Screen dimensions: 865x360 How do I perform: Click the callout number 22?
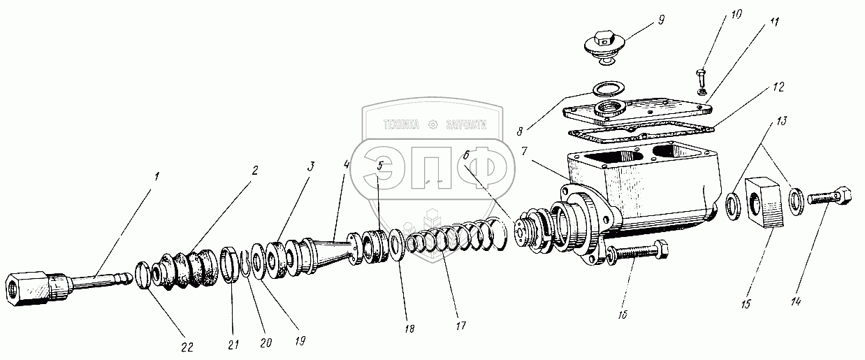[187, 346]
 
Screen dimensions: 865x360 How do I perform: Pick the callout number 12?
[779, 87]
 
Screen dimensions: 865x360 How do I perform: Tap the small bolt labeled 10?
[701, 78]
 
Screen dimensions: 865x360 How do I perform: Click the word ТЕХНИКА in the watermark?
[400, 125]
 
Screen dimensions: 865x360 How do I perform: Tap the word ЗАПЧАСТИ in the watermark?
[463, 125]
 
